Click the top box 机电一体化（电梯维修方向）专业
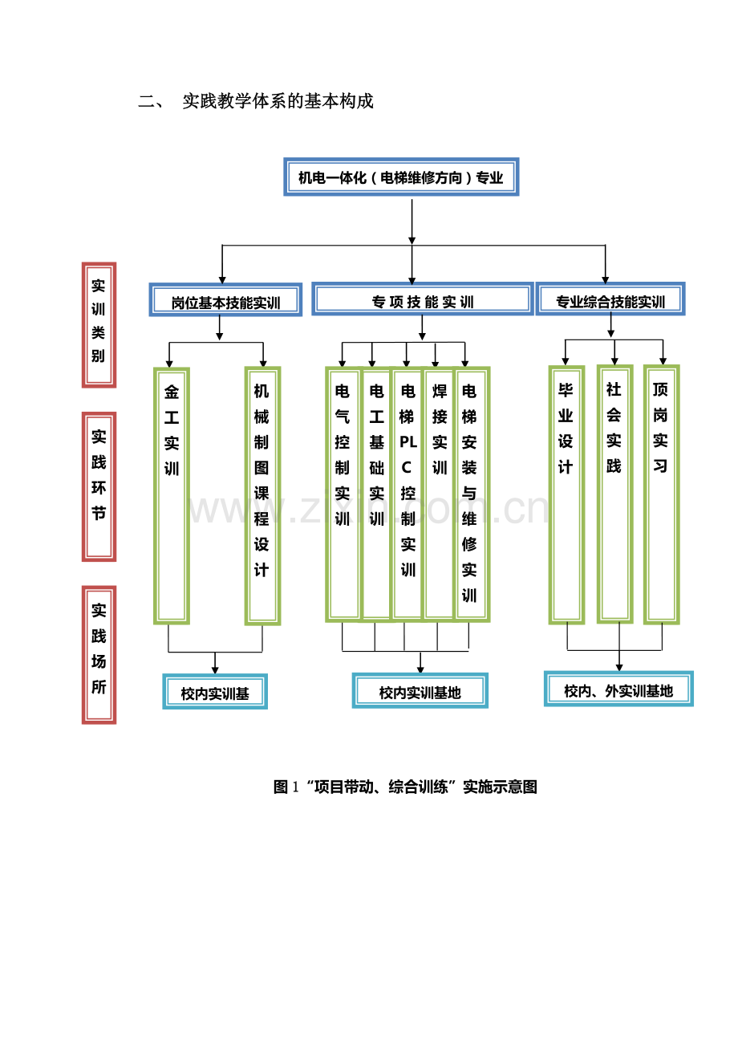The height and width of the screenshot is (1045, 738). (401, 177)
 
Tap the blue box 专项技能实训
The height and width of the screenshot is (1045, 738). (422, 300)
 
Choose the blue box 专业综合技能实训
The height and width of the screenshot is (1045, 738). (610, 300)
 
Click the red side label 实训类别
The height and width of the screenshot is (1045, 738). (99, 324)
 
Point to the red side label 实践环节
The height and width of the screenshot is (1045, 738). (99, 486)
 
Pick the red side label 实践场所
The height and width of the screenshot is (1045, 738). (99, 654)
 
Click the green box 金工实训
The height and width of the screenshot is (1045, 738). (172, 495)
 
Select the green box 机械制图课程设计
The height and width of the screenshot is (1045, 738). (262, 495)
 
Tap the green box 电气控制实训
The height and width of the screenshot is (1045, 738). (343, 494)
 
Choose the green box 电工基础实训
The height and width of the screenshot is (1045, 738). (376, 494)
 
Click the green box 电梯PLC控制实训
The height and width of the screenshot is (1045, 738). (408, 494)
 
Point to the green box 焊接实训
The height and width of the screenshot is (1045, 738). (439, 494)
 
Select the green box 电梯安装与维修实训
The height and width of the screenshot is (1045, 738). (471, 494)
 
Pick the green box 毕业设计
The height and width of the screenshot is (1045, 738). (566, 494)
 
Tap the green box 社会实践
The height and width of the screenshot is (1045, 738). (614, 493)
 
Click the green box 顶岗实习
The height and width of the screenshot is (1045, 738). (661, 494)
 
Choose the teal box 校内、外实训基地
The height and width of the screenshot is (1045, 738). (618, 689)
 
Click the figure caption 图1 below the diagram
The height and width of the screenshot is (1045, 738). (405, 787)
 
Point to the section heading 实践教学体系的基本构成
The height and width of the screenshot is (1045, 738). (278, 102)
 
